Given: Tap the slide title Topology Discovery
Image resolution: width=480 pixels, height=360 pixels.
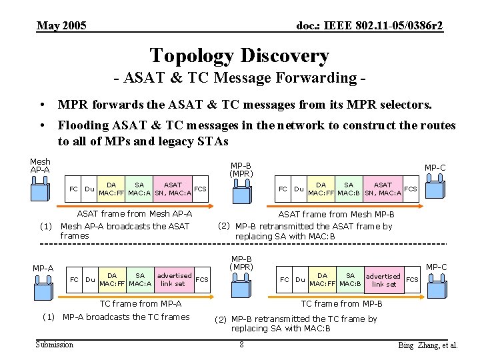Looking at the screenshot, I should tap(239, 55).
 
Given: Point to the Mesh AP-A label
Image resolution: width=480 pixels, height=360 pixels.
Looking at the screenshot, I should tap(40, 165).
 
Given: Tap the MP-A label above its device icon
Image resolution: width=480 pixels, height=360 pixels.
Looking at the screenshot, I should tap(43, 268).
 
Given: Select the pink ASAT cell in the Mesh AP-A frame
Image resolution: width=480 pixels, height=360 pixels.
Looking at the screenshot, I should tap(173, 189).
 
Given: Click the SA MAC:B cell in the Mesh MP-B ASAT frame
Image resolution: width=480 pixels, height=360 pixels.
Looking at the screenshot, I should tap(349, 189).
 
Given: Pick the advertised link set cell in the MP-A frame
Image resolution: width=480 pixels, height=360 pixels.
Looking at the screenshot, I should tap(174, 279).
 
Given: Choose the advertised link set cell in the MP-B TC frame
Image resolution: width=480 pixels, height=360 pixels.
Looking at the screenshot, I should tap(383, 280).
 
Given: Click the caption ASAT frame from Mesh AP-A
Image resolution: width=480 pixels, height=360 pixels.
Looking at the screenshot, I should tap(135, 214).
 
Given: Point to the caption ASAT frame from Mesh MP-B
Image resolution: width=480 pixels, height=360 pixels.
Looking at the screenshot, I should tap(336, 215).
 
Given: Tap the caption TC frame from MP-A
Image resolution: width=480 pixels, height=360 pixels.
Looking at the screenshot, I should tap(140, 304).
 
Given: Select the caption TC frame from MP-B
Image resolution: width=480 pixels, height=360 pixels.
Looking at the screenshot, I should tap(341, 304).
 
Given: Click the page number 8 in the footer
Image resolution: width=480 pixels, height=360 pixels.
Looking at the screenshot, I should tap(241, 345).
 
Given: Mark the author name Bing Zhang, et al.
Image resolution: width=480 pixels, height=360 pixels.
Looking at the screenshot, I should tap(427, 345).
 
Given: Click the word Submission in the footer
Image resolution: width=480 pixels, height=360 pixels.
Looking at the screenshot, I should tap(55, 345).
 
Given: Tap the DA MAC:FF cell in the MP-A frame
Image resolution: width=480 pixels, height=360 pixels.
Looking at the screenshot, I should tap(112, 279).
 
